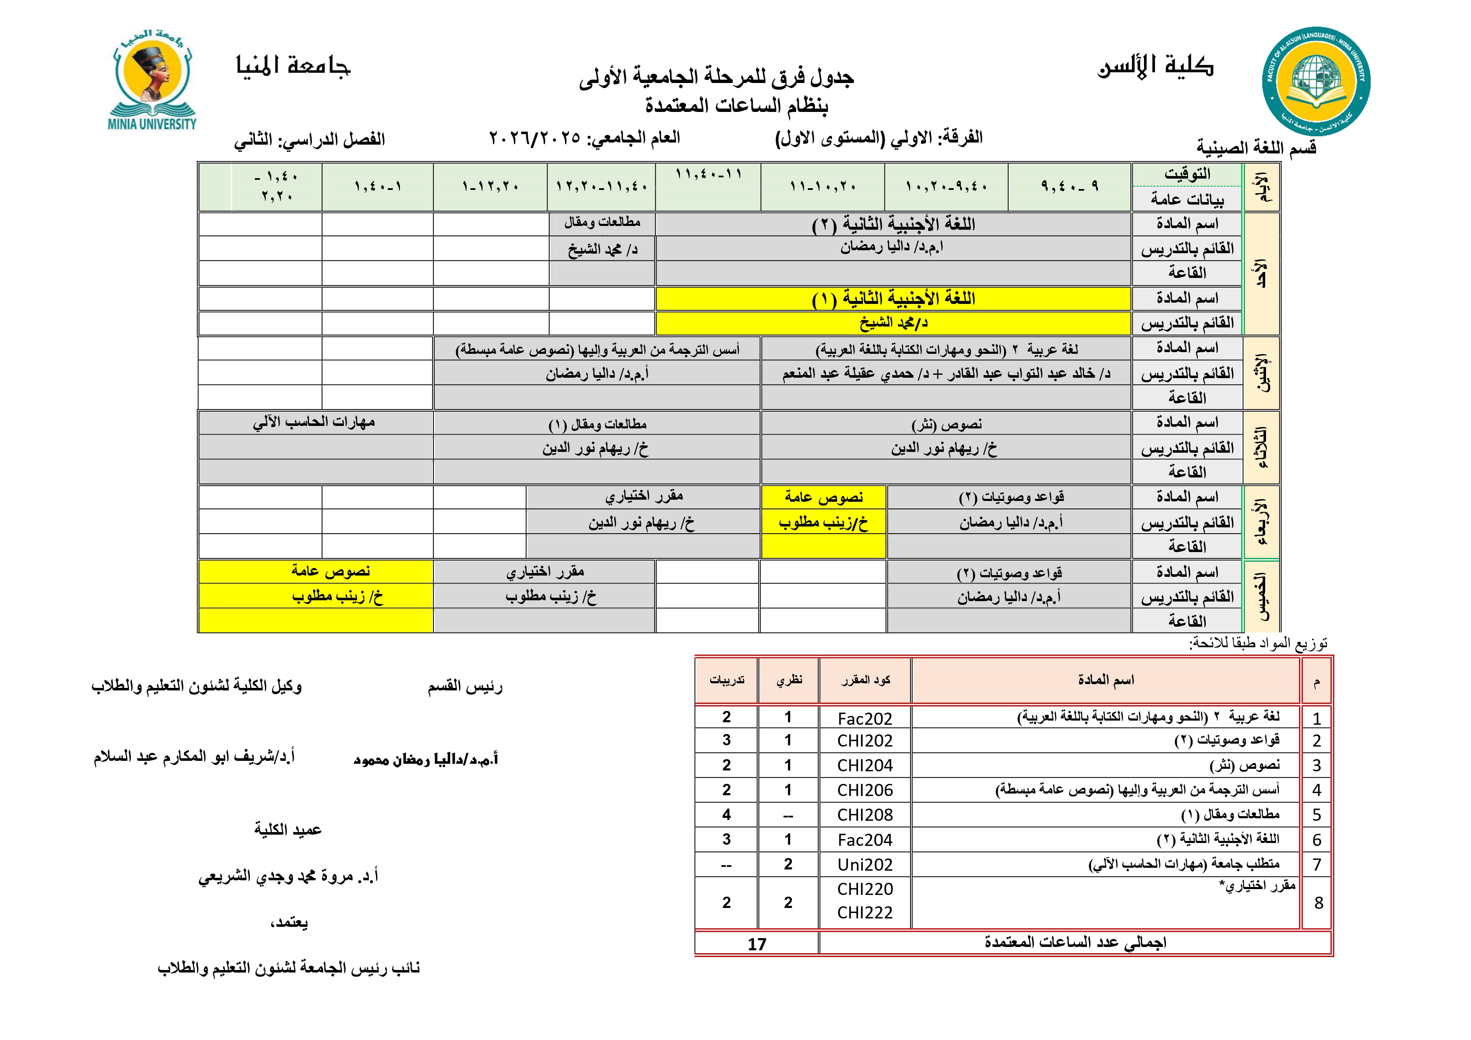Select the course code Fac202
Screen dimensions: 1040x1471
864,718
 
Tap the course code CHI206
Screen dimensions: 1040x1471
864,790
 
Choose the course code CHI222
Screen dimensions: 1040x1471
864,913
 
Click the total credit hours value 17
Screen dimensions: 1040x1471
757,944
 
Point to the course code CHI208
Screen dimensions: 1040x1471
864,815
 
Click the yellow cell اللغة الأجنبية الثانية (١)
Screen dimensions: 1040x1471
893,298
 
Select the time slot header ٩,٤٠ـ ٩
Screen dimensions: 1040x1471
1069,187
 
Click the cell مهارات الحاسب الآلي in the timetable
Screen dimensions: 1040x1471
314,422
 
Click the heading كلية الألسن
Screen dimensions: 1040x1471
1155,66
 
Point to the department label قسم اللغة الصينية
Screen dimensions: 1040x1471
1256,148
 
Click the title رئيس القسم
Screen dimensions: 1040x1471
465,687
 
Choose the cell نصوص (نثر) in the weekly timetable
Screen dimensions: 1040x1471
946,424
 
